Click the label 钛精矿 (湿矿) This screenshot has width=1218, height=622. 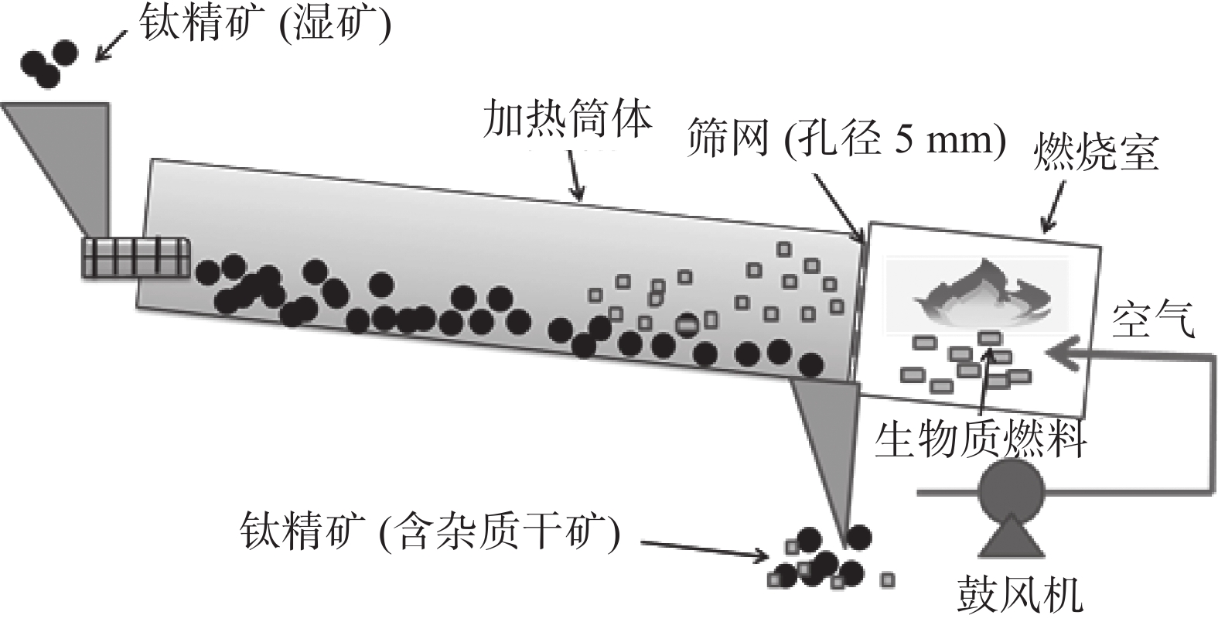pos(264,26)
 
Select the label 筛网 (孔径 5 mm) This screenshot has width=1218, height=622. pos(846,141)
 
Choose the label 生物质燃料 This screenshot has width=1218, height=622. pos(981,439)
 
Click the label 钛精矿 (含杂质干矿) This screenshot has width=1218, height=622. pos(430,531)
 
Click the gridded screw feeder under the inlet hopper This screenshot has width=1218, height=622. pos(136,256)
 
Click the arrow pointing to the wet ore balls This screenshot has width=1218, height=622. pos(110,45)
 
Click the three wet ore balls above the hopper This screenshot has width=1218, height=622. pos(49,62)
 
